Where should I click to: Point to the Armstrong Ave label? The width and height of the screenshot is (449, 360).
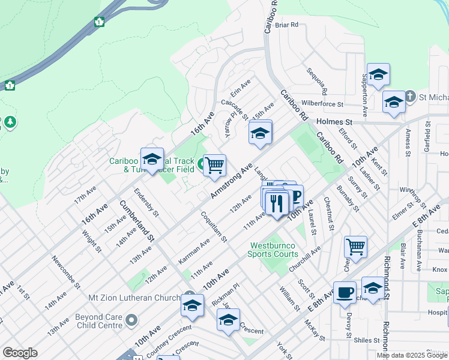click(x=231, y=178)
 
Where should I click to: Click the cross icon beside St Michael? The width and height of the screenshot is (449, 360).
click(x=410, y=97)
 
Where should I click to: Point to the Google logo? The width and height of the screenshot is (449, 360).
click(x=20, y=353)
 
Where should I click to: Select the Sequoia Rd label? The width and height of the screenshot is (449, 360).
click(x=317, y=81)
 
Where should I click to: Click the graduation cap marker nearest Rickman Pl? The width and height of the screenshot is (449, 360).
click(x=228, y=320)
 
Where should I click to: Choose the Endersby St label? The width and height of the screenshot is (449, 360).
click(x=146, y=203)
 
